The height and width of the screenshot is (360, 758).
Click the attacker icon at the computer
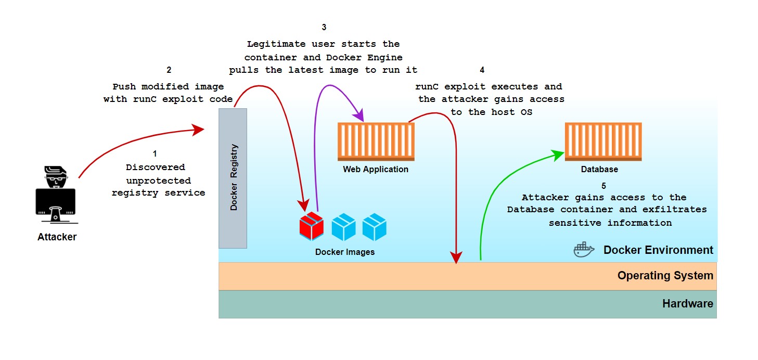[56, 191]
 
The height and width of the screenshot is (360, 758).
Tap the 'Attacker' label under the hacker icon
[57, 237]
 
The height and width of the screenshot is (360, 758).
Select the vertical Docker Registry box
[233, 178]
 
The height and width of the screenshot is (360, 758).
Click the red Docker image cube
[312, 226]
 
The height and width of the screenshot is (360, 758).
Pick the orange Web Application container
[376, 142]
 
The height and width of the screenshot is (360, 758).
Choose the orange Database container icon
[603, 142]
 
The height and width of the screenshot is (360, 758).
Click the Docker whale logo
[584, 250]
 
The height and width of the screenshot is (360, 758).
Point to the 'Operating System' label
[665, 276]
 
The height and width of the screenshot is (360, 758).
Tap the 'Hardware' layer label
[687, 304]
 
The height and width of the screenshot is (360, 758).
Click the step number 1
[155, 154]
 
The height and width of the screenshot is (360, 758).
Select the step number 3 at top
[324, 28]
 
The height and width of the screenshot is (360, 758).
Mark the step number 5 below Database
[603, 186]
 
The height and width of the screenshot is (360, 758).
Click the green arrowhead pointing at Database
[559, 154]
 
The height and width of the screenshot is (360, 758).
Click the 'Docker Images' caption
[344, 252]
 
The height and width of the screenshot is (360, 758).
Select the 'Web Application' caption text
[376, 170]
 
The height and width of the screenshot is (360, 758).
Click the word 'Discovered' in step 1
[155, 167]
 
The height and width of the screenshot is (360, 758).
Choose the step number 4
[482, 70]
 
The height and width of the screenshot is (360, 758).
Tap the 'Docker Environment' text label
[658, 250]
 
